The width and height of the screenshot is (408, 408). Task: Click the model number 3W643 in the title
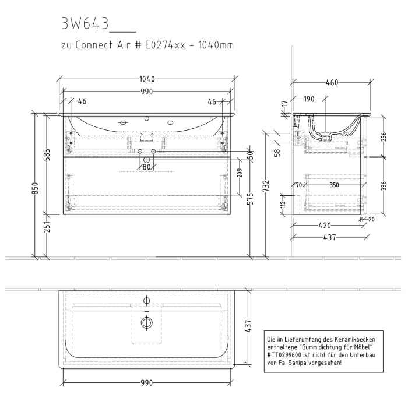(x=84, y=23)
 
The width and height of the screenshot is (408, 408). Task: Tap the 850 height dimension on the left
(x=36, y=188)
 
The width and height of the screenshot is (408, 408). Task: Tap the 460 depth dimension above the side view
(x=331, y=83)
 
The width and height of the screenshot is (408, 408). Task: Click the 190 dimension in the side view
(x=309, y=100)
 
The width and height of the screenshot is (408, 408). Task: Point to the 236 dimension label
(x=382, y=136)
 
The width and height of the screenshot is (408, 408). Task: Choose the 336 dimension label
(x=382, y=186)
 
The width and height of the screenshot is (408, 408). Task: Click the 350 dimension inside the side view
(x=333, y=185)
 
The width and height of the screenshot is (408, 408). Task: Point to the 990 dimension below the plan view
(x=146, y=383)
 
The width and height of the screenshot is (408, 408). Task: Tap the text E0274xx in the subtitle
(x=161, y=45)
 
